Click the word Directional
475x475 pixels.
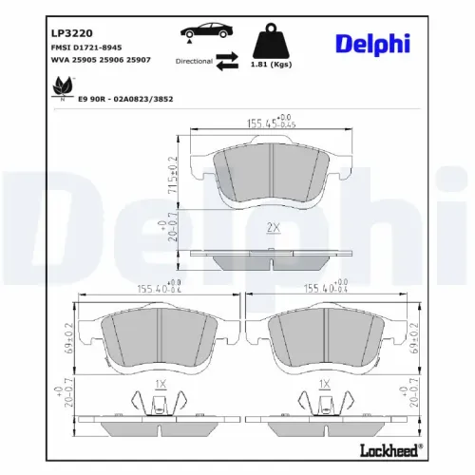pyautogui.click(x=194, y=60)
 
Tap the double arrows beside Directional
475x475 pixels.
pyautogui.click(x=227, y=61)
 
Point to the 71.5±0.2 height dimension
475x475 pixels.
pyautogui.click(x=172, y=174)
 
